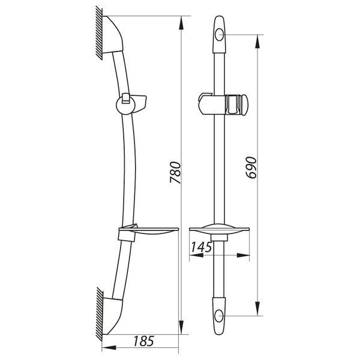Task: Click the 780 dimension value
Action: tap(176, 173)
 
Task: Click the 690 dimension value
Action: tap(251, 167)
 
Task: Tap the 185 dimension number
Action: tap(143, 341)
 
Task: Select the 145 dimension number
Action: tap(202, 247)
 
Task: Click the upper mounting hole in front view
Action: tap(219, 35)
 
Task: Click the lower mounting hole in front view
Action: tap(219, 316)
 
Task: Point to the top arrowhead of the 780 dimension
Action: tap(181, 23)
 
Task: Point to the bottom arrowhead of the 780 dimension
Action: tap(181, 327)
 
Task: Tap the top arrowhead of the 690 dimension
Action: tap(257, 41)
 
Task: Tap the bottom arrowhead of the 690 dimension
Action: tap(257, 308)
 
